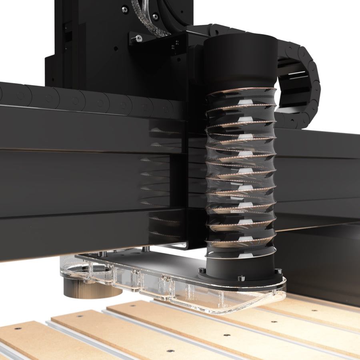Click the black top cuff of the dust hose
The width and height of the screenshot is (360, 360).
click(240, 60)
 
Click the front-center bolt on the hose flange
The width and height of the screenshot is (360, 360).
click(241, 278)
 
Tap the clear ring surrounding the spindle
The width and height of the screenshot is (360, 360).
click(86, 272)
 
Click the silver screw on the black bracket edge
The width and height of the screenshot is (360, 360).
click(138, 38)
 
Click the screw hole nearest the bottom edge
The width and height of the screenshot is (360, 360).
click(170, 351)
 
